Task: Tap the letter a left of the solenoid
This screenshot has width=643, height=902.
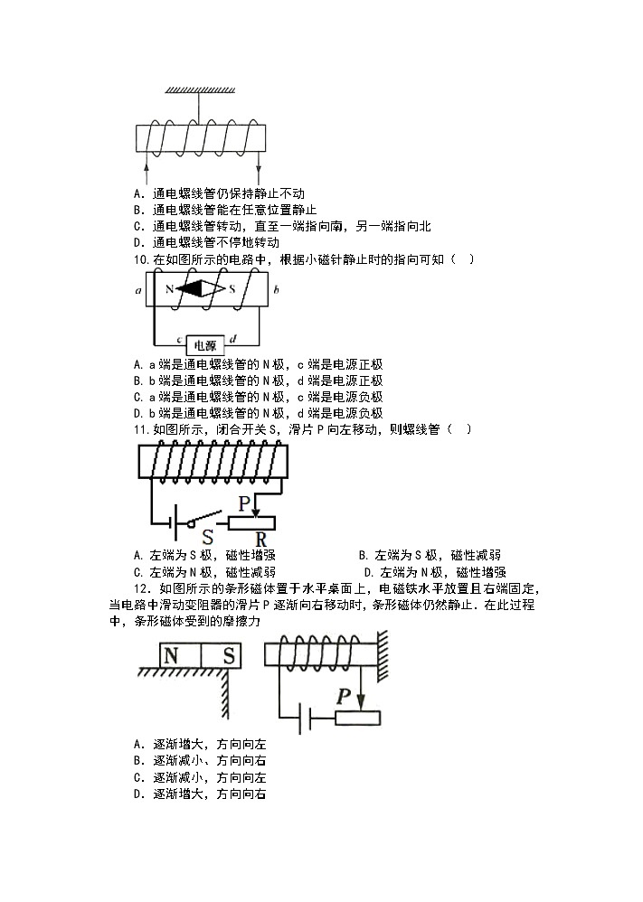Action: click(137, 291)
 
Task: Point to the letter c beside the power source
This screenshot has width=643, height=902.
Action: click(179, 340)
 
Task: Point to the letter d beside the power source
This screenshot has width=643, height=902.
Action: click(233, 340)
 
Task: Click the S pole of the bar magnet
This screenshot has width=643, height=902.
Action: click(230, 655)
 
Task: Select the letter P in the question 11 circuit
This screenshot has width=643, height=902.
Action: click(243, 503)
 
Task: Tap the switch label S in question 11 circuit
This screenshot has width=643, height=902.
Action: click(207, 536)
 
